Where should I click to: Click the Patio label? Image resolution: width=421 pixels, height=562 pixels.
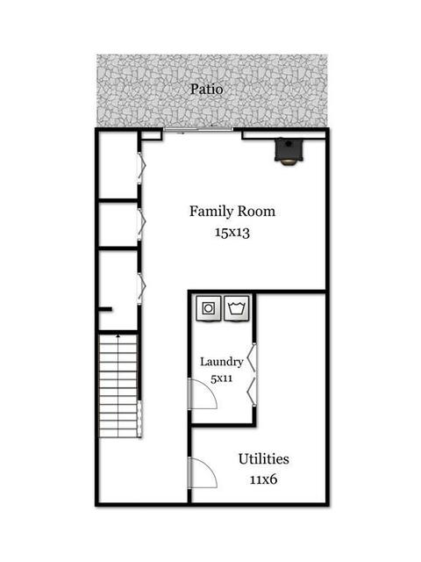[x=207, y=90]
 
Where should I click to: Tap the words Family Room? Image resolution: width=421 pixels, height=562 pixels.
[x=232, y=211]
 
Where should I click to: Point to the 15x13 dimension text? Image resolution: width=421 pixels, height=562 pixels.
[x=232, y=233]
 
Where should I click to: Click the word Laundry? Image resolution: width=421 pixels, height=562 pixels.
[x=222, y=362]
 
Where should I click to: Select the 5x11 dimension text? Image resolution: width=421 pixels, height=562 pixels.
[x=222, y=378]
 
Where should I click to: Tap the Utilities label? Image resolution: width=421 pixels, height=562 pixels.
[x=264, y=458]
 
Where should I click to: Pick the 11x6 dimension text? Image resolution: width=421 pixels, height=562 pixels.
[x=263, y=479]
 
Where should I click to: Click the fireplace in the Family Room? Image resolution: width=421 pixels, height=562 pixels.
[x=289, y=151]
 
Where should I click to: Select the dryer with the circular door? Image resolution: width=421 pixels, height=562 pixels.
[x=208, y=308]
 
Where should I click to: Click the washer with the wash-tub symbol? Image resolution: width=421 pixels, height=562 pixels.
[x=236, y=308]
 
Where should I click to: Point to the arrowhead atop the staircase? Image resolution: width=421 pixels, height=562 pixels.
[x=118, y=335]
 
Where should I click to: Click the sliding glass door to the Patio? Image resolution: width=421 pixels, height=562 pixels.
[x=198, y=129]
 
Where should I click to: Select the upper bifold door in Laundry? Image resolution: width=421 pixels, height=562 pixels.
[x=252, y=359]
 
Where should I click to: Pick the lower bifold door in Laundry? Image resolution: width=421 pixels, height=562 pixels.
[x=252, y=392]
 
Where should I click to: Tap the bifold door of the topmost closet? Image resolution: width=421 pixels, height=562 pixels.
[x=141, y=168]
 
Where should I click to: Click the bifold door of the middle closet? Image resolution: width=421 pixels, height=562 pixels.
[x=141, y=224]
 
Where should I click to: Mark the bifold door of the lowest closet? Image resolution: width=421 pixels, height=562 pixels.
[x=141, y=289]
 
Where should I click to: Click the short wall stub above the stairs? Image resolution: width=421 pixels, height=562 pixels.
[x=105, y=309]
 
